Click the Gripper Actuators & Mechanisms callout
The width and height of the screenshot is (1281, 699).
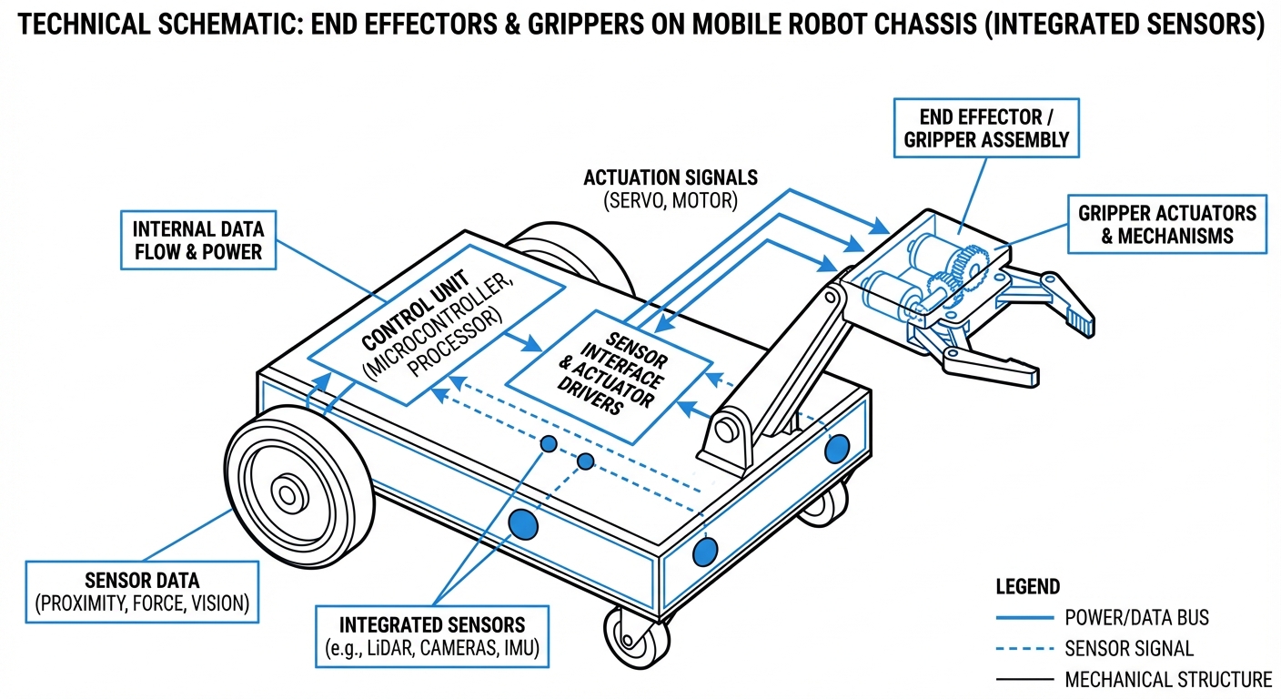point(1166,224)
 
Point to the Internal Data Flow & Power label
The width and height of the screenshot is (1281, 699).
point(197,240)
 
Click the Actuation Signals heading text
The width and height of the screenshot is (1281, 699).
point(671,177)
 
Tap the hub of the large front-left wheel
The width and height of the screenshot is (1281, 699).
point(288,495)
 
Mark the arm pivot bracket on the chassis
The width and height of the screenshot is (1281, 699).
point(728,437)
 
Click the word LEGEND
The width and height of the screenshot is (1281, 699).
point(1028,587)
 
